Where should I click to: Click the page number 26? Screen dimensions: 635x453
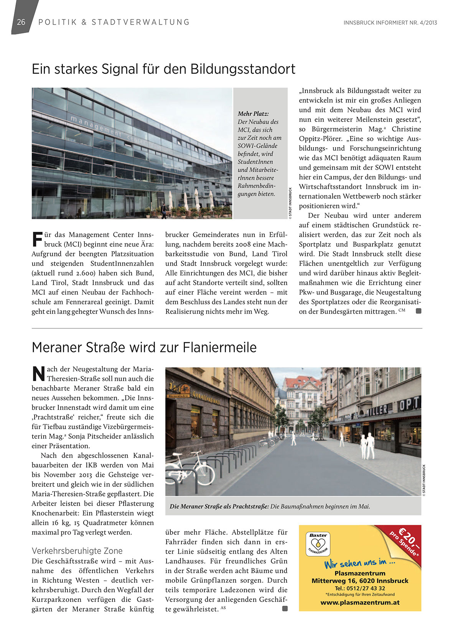tap(21, 22)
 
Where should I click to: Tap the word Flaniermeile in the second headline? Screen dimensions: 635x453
tap(219, 347)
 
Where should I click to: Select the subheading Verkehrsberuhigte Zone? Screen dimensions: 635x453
tap(77, 551)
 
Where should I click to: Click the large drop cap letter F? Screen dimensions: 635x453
tap(37, 239)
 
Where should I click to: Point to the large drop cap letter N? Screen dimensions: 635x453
tap(38, 374)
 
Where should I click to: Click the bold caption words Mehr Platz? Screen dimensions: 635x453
tap(253, 114)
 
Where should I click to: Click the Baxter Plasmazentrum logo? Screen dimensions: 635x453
tap(318, 543)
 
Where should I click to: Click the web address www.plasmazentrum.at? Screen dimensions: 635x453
tap(360, 602)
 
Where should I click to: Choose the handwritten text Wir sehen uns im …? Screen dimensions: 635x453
tap(359, 563)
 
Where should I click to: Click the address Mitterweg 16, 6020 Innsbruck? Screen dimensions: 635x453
tap(360, 581)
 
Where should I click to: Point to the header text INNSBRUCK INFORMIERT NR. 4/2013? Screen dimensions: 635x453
tap(390, 23)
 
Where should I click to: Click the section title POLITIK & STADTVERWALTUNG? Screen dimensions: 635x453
tap(114, 22)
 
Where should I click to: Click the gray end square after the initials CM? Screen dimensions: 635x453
tap(418, 311)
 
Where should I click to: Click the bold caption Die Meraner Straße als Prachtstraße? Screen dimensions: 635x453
tap(219, 506)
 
